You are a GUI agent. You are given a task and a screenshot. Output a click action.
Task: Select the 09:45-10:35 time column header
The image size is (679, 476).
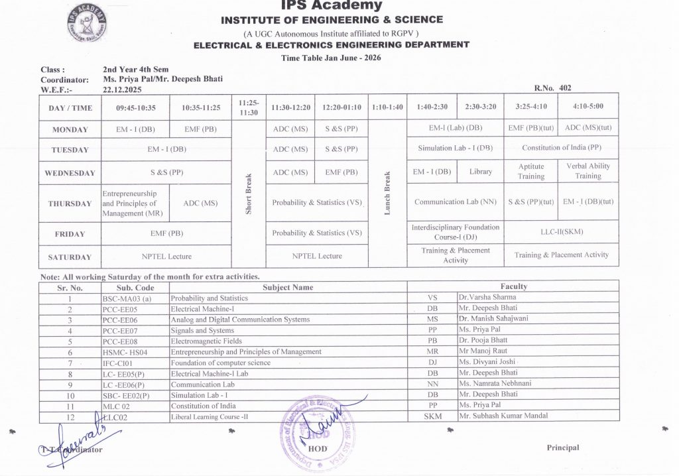point(135,107)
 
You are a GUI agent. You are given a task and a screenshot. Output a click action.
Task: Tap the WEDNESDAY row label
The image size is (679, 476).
point(70,173)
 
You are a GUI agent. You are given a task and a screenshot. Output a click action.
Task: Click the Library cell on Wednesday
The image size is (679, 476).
point(481,172)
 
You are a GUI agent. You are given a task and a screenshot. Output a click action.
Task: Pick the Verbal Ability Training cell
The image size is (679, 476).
point(588,171)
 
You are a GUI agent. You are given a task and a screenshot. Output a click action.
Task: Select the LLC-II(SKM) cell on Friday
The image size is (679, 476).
point(562,231)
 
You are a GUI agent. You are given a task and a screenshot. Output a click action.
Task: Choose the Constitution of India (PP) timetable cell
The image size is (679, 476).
point(562,148)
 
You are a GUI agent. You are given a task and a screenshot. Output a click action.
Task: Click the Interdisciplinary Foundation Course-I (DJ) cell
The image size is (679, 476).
point(456,231)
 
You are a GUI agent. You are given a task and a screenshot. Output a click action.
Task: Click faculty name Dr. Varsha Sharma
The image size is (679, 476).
point(487,298)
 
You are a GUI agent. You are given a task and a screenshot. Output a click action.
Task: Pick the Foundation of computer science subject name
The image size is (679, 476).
point(221,363)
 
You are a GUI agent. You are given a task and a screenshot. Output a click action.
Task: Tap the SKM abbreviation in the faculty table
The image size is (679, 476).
point(432,416)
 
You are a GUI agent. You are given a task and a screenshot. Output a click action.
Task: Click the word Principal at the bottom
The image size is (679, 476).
point(563,447)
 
